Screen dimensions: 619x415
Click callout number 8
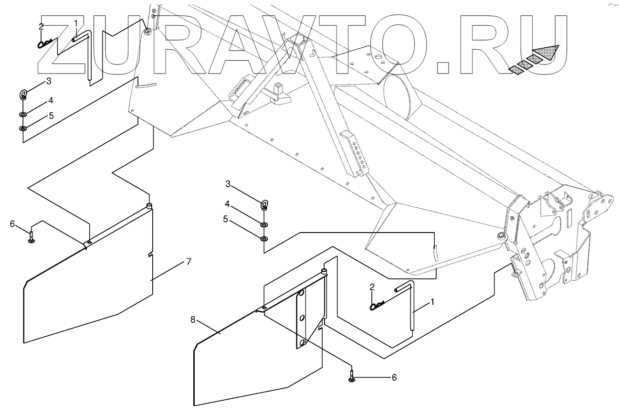pyautogui.click(x=193, y=319)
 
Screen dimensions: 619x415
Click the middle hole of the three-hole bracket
pyautogui.click(x=302, y=318)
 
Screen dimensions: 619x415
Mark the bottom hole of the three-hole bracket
pyautogui.click(x=302, y=343)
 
